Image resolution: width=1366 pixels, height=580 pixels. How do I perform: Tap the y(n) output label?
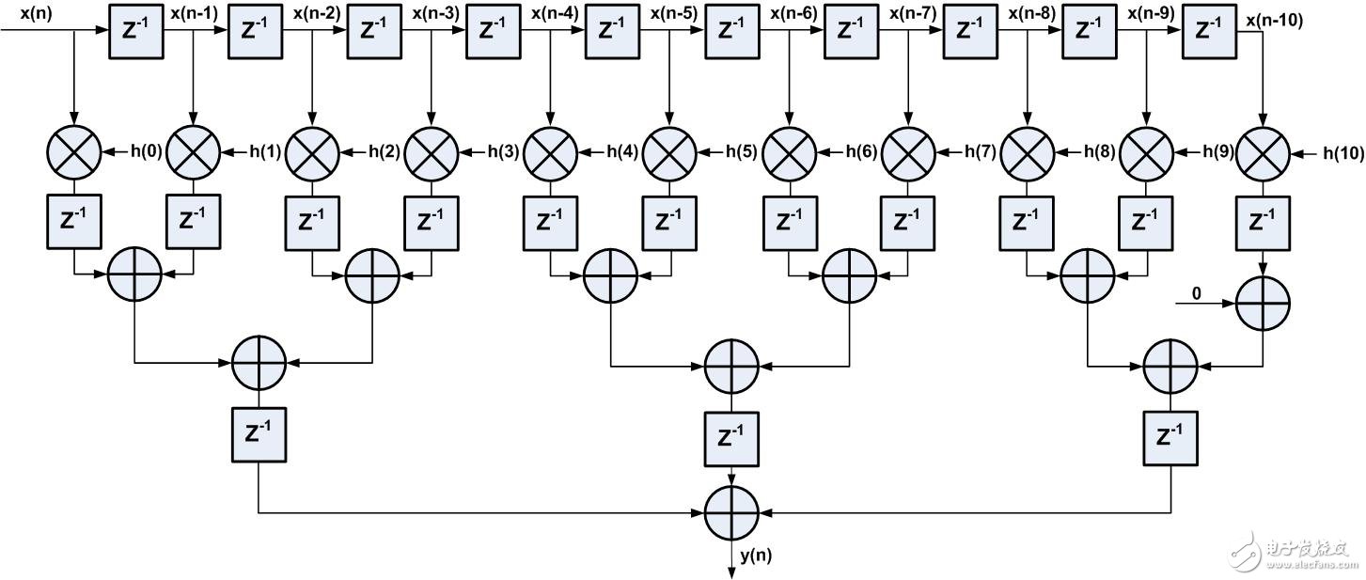756,556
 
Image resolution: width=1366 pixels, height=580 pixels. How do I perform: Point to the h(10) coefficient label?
1342,151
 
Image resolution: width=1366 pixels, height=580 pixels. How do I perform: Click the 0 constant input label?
1196,294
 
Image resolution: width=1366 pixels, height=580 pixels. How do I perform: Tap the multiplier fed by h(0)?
73,151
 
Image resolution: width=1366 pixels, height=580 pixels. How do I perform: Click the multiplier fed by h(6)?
788,151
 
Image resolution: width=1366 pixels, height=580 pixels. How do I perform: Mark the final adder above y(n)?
731,513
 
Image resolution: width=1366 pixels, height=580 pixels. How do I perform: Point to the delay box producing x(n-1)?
135,30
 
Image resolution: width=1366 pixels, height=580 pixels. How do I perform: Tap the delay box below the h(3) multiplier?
431,222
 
